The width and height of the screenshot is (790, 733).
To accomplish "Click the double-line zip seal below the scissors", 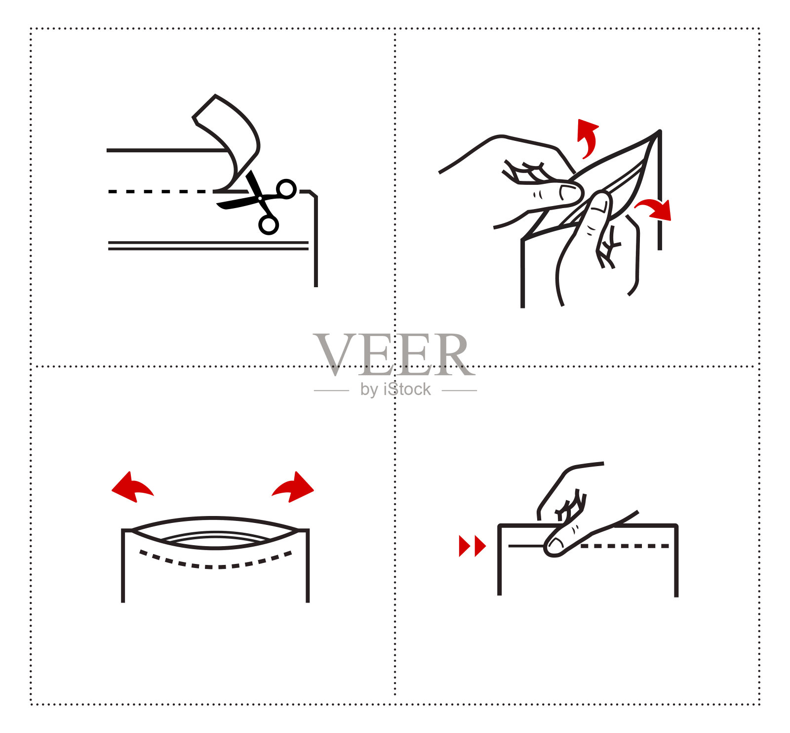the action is click(208, 246).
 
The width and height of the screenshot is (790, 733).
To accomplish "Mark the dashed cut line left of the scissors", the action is click(160, 191).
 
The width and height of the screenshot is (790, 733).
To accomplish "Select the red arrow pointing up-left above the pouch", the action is click(132, 486).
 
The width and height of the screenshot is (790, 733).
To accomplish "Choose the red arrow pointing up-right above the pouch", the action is click(293, 486).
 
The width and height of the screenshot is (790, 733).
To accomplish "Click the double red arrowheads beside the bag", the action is click(473, 546).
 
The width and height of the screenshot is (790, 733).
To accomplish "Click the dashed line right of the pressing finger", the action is click(625, 546).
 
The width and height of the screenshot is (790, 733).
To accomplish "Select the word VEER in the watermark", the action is click(393, 355).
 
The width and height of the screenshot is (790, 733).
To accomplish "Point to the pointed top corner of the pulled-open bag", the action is click(659, 131).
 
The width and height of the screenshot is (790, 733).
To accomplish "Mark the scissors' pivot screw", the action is click(260, 198).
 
